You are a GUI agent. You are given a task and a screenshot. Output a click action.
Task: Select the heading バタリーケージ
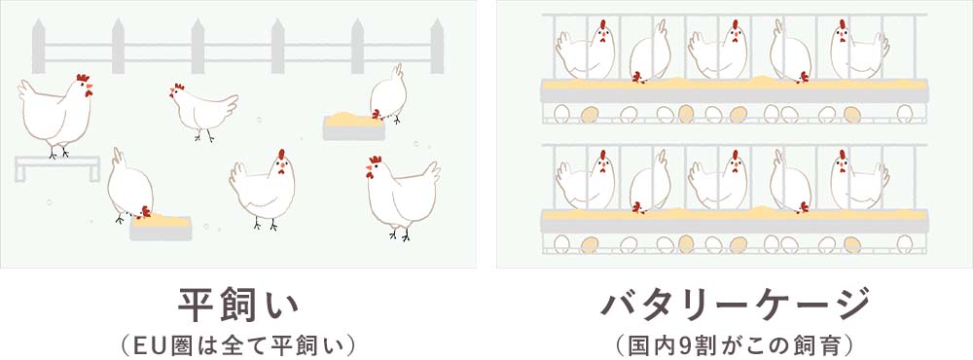735,304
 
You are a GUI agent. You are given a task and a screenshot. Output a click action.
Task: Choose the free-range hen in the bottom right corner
402,195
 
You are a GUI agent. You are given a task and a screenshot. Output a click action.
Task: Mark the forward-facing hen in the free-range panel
263,187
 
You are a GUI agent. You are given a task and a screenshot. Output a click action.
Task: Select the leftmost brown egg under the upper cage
588,114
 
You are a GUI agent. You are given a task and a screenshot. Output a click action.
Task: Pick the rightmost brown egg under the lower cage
852,243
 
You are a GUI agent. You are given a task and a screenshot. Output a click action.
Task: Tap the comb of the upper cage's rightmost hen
843,23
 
